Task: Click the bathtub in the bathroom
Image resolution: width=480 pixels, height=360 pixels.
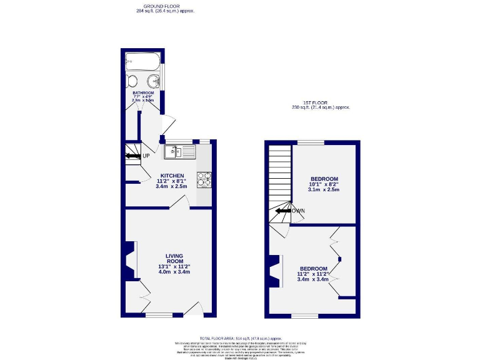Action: pos(143,61)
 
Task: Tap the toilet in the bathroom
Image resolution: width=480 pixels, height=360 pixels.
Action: pos(132,81)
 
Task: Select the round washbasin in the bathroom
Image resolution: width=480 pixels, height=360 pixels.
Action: pos(153,81)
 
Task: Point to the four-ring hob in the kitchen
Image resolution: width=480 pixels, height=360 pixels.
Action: pos(204,179)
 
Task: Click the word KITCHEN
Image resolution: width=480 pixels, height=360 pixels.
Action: pos(172,176)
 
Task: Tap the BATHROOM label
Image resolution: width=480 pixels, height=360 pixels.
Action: pos(143,93)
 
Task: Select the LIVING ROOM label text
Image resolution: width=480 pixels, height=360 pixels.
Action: pos(174,258)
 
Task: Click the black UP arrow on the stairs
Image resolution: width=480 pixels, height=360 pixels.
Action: pos(133,156)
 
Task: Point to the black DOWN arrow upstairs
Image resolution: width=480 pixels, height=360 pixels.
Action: pos(282,211)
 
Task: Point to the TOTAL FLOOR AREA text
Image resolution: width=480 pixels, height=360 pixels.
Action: pos(240,337)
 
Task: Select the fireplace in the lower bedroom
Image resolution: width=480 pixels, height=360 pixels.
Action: pos(274,272)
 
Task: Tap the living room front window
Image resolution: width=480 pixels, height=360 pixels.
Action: pos(159,314)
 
